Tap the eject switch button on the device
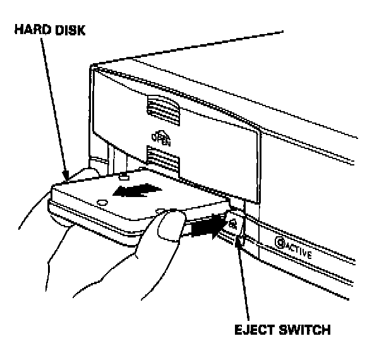[x=233, y=222]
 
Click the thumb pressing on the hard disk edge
[x=171, y=225]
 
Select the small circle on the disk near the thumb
[x=160, y=210]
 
